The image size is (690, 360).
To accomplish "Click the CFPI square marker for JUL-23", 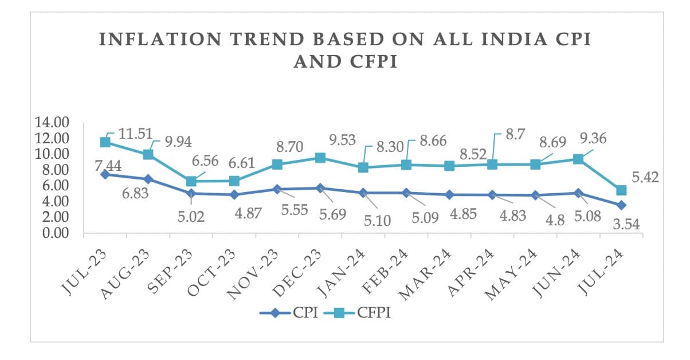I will pyautogui.click(x=105, y=142).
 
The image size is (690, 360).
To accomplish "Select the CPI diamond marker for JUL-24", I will pyautogui.click(x=621, y=205).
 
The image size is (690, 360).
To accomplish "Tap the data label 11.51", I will pyautogui.click(x=136, y=134).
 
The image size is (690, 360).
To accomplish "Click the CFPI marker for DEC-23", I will pyautogui.click(x=320, y=158).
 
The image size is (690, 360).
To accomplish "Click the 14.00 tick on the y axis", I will pyautogui.click(x=52, y=122).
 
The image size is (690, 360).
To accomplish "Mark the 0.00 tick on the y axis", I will pyautogui.click(x=52, y=233).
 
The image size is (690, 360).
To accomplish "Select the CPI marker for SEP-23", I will pyautogui.click(x=191, y=193).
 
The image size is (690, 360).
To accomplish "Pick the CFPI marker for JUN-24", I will pyautogui.click(x=578, y=159).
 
